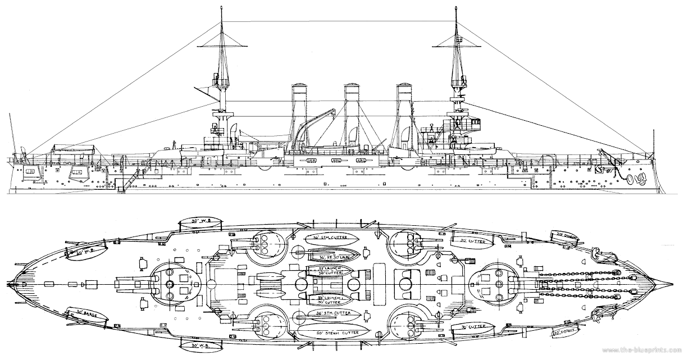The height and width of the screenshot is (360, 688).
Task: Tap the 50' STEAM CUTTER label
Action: point(334,331)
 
